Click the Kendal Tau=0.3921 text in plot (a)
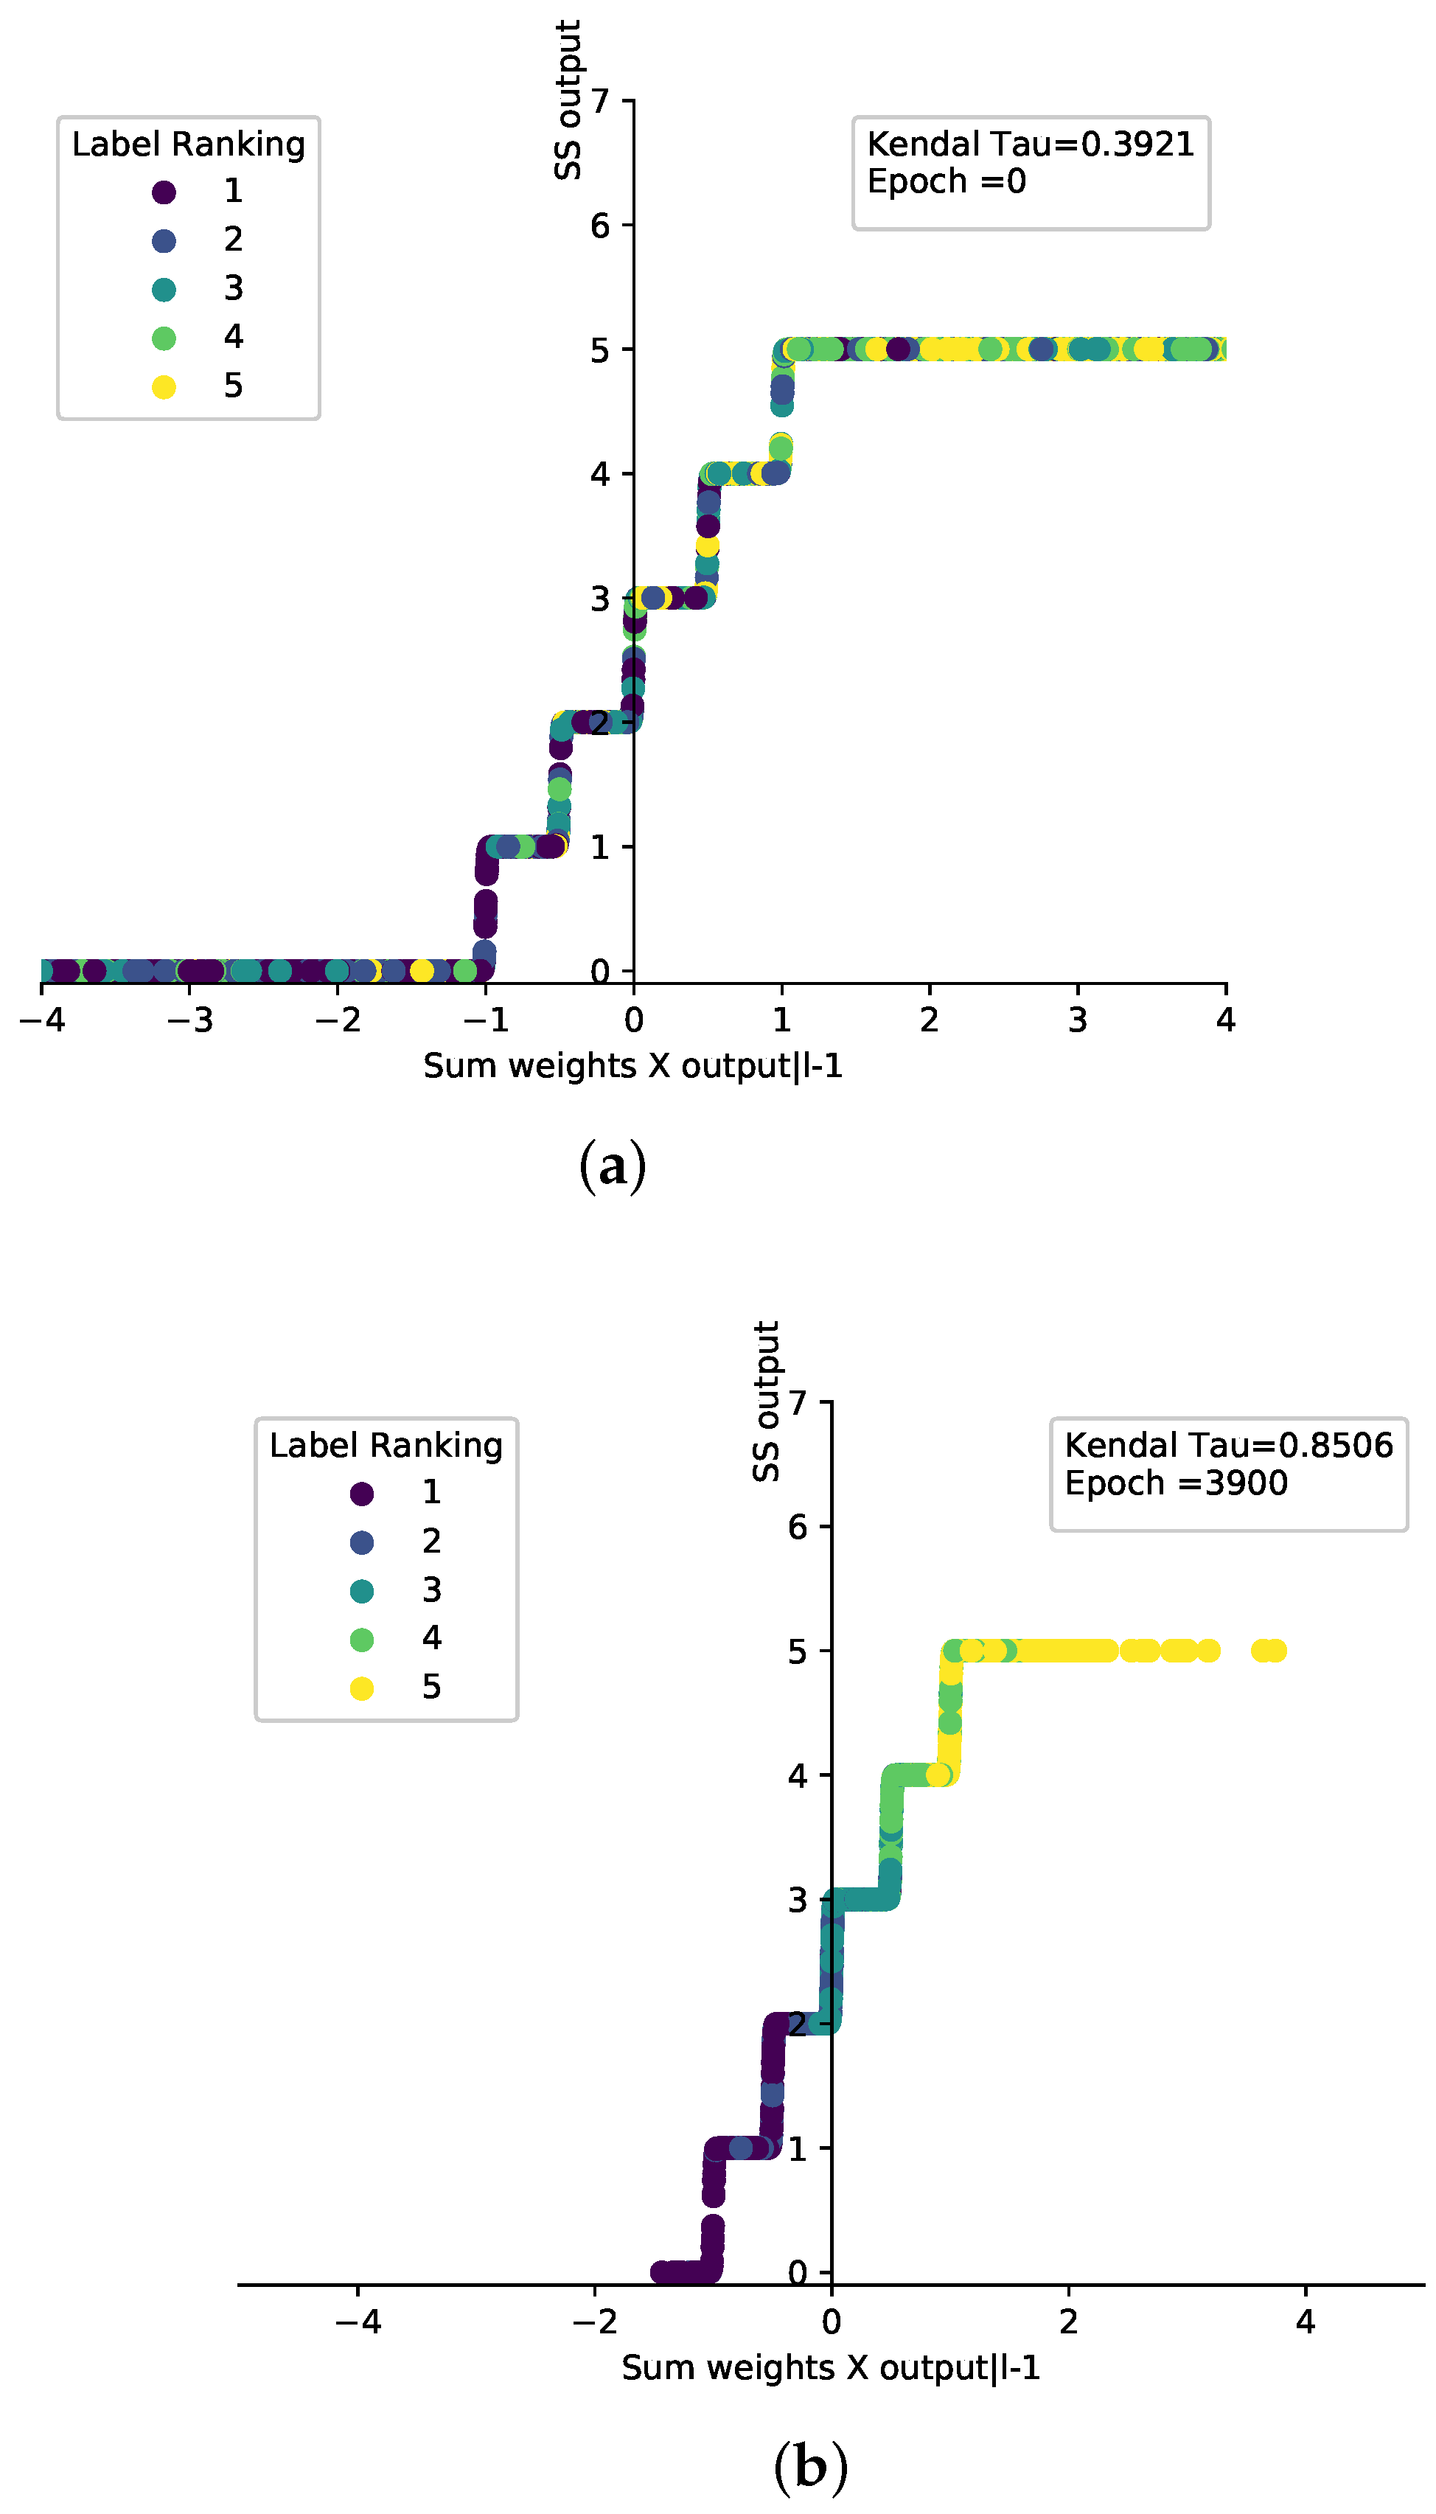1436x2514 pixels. pyautogui.click(x=1030, y=144)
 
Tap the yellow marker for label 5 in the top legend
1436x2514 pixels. pyautogui.click(x=164, y=386)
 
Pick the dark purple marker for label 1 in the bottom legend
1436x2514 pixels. pyautogui.click(x=362, y=1493)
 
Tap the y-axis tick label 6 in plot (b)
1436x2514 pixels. pyautogui.click(x=797, y=1528)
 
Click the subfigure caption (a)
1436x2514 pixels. pyautogui.click(x=613, y=1166)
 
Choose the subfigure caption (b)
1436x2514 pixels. pyautogui.click(x=809, y=2468)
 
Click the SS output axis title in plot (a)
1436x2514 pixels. pyautogui.click(x=568, y=100)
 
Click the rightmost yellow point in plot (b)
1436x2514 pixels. pyautogui.click(x=1275, y=1651)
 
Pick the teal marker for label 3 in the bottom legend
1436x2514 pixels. pyautogui.click(x=362, y=1591)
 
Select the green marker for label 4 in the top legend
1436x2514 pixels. pyautogui.click(x=164, y=338)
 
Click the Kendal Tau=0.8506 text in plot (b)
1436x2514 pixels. pyautogui.click(x=1228, y=1445)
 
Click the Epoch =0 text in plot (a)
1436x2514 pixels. pyautogui.click(x=946, y=181)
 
